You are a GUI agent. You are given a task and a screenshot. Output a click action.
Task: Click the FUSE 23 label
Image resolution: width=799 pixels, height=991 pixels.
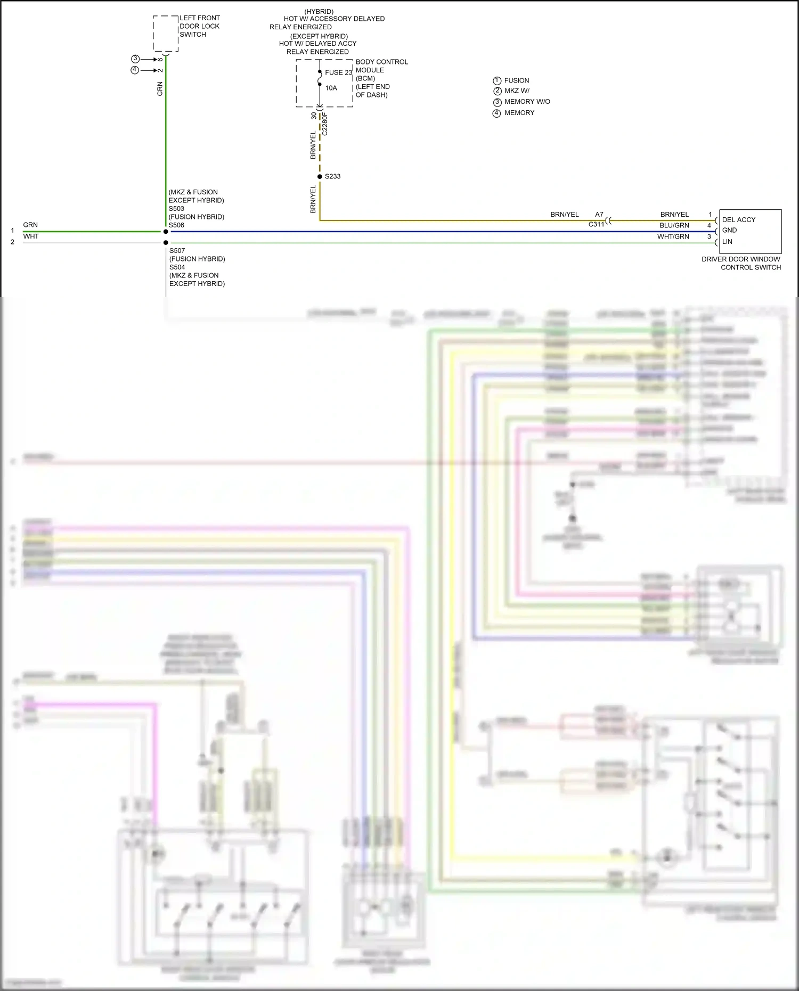click(x=338, y=72)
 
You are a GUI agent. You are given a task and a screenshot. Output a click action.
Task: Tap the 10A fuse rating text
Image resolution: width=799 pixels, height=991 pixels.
click(x=331, y=88)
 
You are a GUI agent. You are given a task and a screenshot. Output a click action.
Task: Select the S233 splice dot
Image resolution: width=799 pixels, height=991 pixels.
click(x=320, y=176)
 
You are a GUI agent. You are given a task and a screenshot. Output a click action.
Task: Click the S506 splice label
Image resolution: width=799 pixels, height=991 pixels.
click(x=176, y=225)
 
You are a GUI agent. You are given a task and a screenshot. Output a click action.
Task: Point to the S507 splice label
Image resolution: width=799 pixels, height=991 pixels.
click(x=177, y=250)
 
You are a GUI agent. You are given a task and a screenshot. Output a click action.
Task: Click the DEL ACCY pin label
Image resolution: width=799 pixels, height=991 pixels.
click(x=738, y=219)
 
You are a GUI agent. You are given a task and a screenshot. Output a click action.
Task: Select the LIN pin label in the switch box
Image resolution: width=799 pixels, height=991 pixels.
click(x=727, y=242)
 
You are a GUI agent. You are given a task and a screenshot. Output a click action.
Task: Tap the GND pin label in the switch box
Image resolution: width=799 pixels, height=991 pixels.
click(x=729, y=231)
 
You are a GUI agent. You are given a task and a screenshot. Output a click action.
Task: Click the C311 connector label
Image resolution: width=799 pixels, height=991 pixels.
click(x=596, y=225)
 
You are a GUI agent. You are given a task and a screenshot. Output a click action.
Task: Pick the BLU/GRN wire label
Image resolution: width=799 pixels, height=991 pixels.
click(x=674, y=225)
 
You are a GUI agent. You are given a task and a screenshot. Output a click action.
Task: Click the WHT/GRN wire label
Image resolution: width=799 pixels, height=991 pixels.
click(x=673, y=236)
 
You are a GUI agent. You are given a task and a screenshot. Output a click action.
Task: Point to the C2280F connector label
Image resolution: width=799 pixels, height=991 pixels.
click(x=325, y=124)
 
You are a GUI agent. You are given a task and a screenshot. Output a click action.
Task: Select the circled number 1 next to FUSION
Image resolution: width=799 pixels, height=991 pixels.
click(x=497, y=80)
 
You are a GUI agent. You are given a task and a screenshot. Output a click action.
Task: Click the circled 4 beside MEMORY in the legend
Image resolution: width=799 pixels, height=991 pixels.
click(x=497, y=113)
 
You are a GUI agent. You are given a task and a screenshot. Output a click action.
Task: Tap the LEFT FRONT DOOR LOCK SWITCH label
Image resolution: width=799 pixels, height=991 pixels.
click(x=199, y=26)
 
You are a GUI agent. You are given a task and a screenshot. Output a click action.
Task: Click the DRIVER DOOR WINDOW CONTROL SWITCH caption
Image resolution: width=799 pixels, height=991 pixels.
click(x=741, y=263)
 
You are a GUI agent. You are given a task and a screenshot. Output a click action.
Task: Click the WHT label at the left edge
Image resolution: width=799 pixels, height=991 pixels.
click(x=31, y=236)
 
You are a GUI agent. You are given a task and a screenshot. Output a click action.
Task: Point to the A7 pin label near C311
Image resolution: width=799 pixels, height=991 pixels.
click(x=599, y=215)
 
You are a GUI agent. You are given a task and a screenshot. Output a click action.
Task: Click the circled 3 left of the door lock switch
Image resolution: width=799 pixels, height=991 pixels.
click(x=135, y=59)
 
